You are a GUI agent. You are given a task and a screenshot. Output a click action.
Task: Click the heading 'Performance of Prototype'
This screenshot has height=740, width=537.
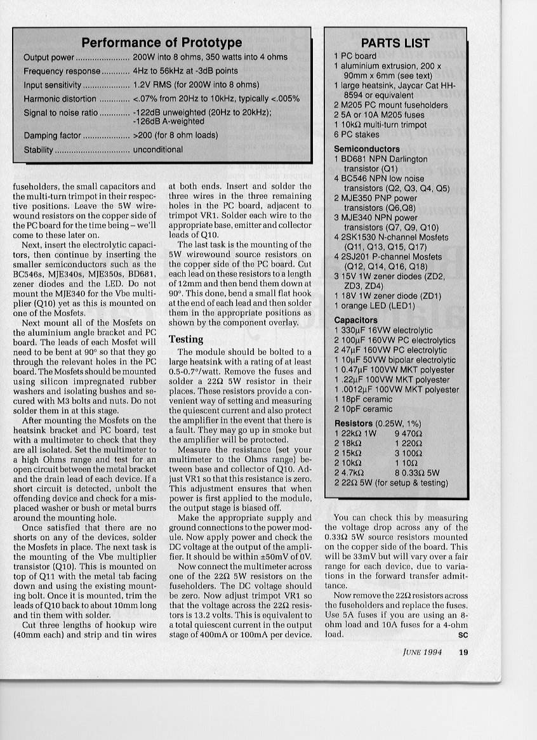pos(162,43)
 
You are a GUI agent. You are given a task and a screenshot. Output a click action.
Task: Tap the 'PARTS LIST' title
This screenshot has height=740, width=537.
pos(395,43)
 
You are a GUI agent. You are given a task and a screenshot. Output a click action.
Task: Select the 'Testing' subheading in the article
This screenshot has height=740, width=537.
pos(186,339)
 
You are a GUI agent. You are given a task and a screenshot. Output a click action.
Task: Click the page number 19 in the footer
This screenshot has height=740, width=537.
pos(463,650)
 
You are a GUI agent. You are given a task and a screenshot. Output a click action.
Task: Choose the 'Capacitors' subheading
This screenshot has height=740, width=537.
pos(355,320)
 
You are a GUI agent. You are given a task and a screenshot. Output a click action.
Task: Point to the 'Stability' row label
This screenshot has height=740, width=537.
pos(39,150)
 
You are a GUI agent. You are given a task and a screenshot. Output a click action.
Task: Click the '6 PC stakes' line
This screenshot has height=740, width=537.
pos(357,135)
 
